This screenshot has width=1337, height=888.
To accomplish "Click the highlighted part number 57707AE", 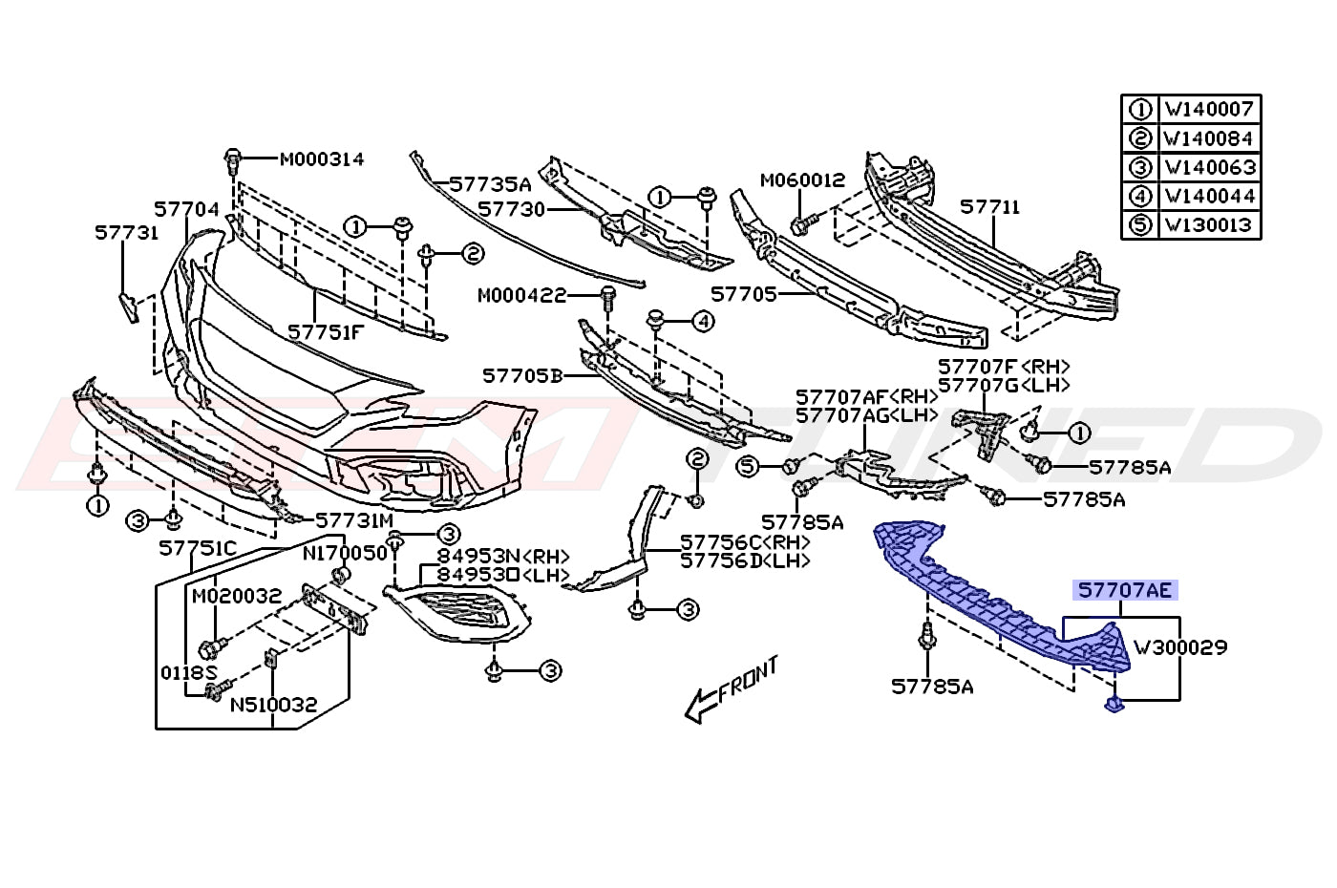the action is pos(1125,591).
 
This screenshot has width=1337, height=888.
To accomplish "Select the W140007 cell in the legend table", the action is pos(1209,109).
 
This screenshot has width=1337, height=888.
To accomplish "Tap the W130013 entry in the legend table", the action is pos(1209,225).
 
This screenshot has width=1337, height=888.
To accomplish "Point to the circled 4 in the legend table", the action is pos(1140,197).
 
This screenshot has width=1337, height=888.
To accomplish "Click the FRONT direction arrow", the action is pos(732,689).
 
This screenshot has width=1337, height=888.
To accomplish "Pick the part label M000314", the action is pos(322,159).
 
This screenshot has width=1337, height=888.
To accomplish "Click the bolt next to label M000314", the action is pos(233,160).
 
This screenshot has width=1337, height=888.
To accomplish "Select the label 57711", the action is pos(990,207).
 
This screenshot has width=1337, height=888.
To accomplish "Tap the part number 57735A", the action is pos(490,183).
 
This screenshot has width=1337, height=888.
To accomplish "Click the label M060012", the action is pos(803,180).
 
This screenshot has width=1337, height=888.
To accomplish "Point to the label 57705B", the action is pos(523,376).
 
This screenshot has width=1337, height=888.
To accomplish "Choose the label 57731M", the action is pos(354,520).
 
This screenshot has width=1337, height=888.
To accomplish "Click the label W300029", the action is pos(1180,647).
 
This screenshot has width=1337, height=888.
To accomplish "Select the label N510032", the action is pos(273,705).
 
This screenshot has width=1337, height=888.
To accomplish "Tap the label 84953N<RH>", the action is pos(504,556).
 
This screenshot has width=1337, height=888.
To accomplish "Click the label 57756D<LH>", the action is pos(746,561).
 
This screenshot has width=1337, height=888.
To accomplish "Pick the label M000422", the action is pos(521,295).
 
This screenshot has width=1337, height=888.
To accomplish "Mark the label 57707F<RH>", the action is pos(1004,367).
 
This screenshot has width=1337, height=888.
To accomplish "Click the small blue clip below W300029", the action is pos(1114,705).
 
